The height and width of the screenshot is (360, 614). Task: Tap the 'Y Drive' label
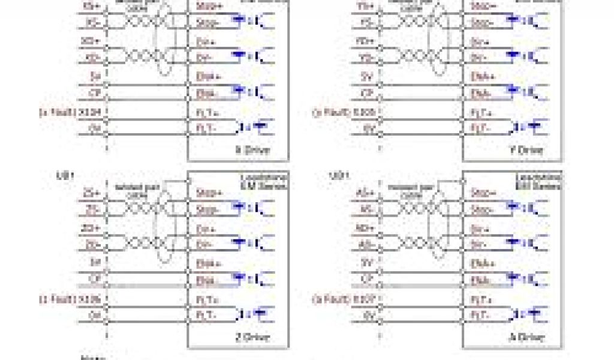coord(526,149)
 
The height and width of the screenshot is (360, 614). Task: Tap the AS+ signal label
coord(365,193)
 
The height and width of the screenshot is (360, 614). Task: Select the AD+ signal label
coord(365,230)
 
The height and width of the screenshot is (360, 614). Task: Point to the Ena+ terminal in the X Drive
coord(203,76)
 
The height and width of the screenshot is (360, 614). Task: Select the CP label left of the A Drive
coord(367,280)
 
